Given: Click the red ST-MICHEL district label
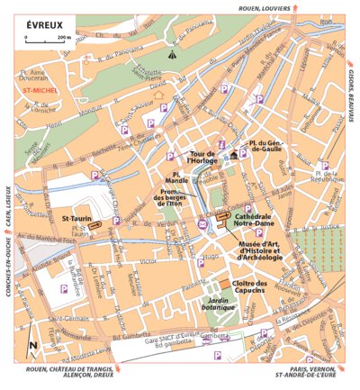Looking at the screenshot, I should tap(41, 90).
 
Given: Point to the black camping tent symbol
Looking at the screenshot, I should tap(173, 55).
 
